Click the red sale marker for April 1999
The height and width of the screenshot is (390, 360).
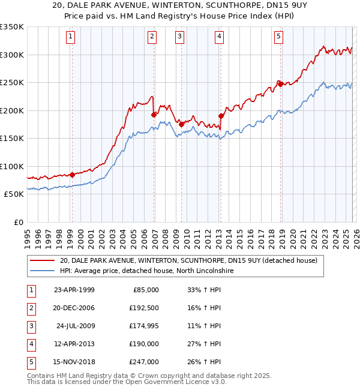click(72, 175)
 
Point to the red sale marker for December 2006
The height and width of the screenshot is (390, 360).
click(154, 114)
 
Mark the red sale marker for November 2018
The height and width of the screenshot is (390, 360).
click(280, 84)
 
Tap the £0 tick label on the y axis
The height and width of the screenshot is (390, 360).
click(18, 222)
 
